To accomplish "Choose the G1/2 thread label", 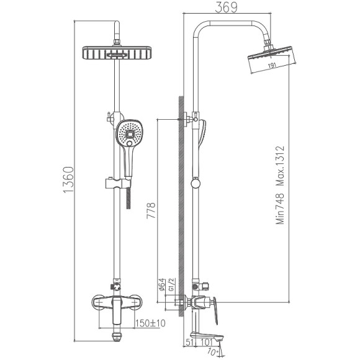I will [174, 287].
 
